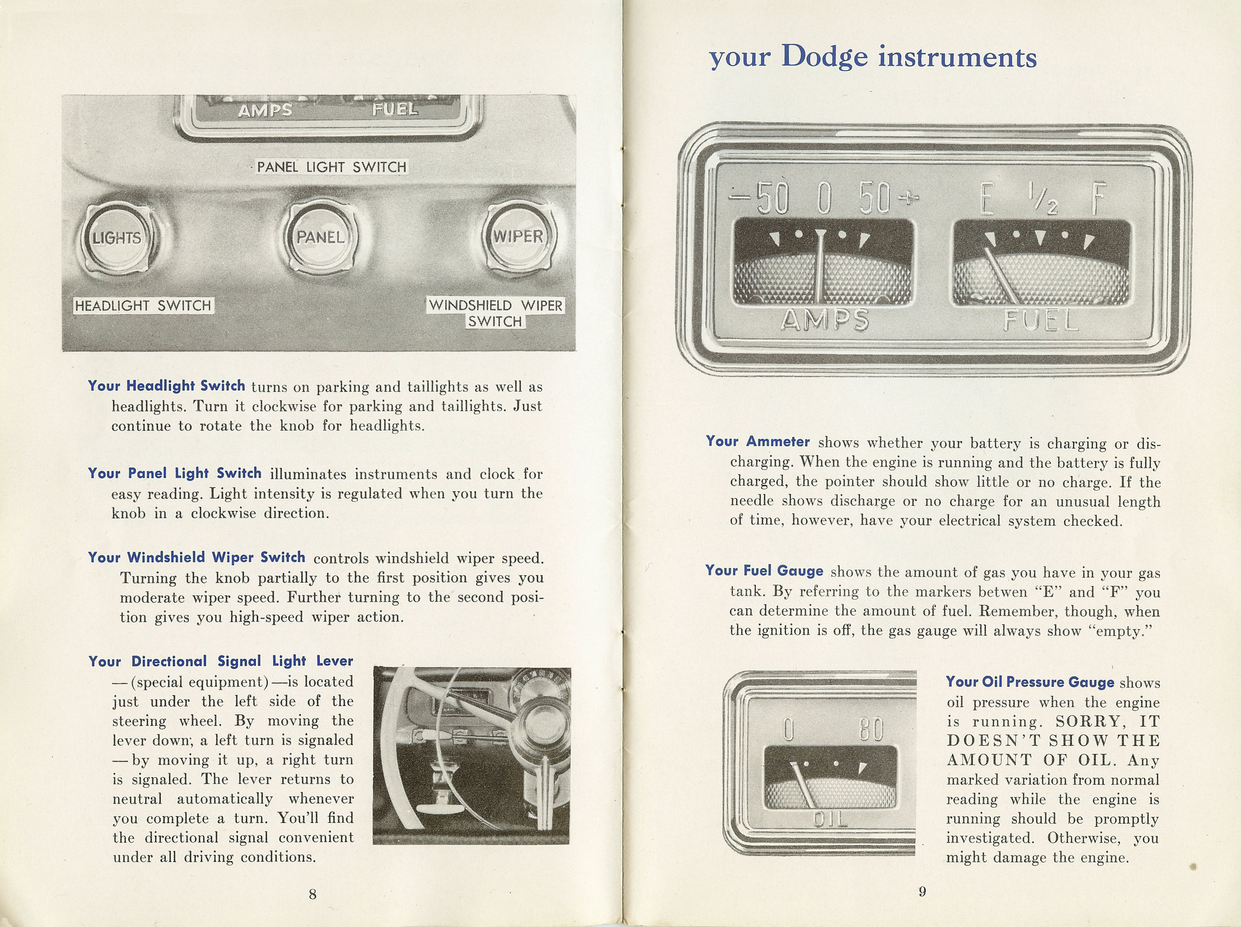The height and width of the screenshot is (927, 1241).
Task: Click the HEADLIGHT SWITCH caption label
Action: coord(143,306)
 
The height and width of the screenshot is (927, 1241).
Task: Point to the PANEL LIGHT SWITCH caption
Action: coord(332,167)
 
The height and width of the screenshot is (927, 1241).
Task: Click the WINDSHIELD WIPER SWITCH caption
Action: coord(495,313)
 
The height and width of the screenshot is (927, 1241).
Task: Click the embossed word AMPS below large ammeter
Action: coord(825,320)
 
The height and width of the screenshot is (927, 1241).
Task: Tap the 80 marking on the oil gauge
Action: coord(871,729)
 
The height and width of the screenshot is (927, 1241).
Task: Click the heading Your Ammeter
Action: coord(757,441)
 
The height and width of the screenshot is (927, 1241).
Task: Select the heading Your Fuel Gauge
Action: coord(764,571)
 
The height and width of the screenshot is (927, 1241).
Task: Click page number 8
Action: coord(312,894)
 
